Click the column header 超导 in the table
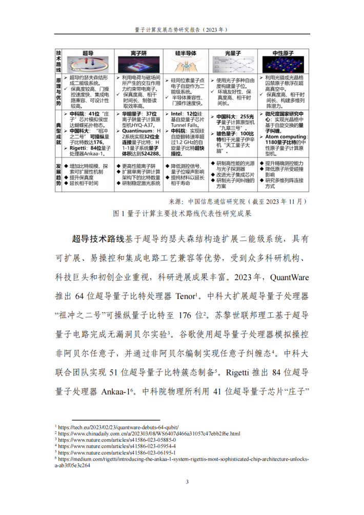click(88, 53)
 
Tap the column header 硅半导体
click(187, 53)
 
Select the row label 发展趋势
click(59, 175)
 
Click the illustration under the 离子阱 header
click(137, 65)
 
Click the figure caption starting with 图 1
click(182, 214)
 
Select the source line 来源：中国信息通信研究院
click(238, 201)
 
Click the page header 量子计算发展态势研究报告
click(182, 30)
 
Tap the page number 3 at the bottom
click(187, 482)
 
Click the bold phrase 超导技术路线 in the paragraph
click(98, 239)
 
